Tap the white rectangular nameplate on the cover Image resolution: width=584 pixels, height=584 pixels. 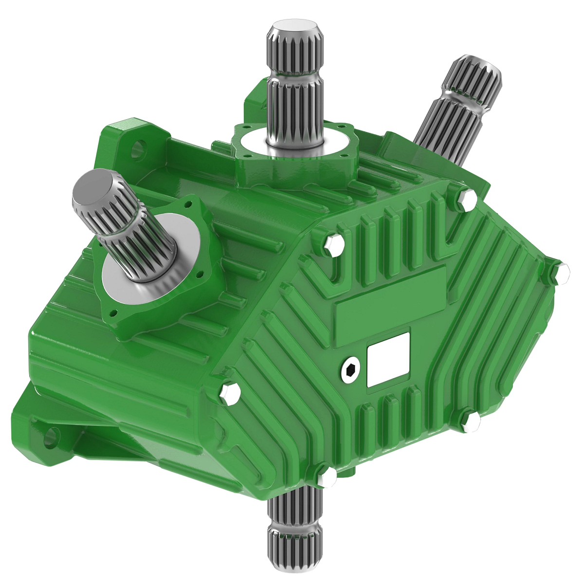click(388, 359)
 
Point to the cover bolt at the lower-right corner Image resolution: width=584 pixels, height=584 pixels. click(468, 422)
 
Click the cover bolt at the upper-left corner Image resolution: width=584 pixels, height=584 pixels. click(332, 243)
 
